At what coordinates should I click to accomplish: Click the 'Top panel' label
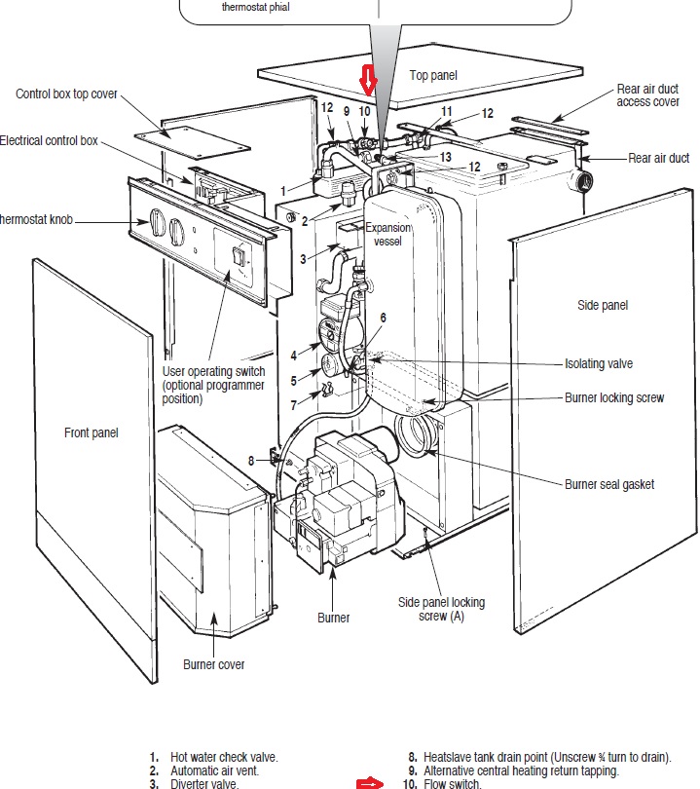432,75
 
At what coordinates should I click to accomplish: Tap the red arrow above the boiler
368,80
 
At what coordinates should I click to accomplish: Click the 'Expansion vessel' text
387,234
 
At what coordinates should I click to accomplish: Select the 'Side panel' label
602,305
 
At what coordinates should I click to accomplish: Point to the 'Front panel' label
92,432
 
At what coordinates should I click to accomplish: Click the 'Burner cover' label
214,664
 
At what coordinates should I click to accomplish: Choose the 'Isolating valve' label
599,363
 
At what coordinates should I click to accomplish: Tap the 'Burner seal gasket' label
609,484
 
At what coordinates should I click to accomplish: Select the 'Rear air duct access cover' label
647,95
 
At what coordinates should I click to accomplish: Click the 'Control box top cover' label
66,94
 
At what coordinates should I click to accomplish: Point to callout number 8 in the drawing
251,460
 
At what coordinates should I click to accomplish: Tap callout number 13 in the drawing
445,156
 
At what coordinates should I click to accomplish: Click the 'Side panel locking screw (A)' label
441,609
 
